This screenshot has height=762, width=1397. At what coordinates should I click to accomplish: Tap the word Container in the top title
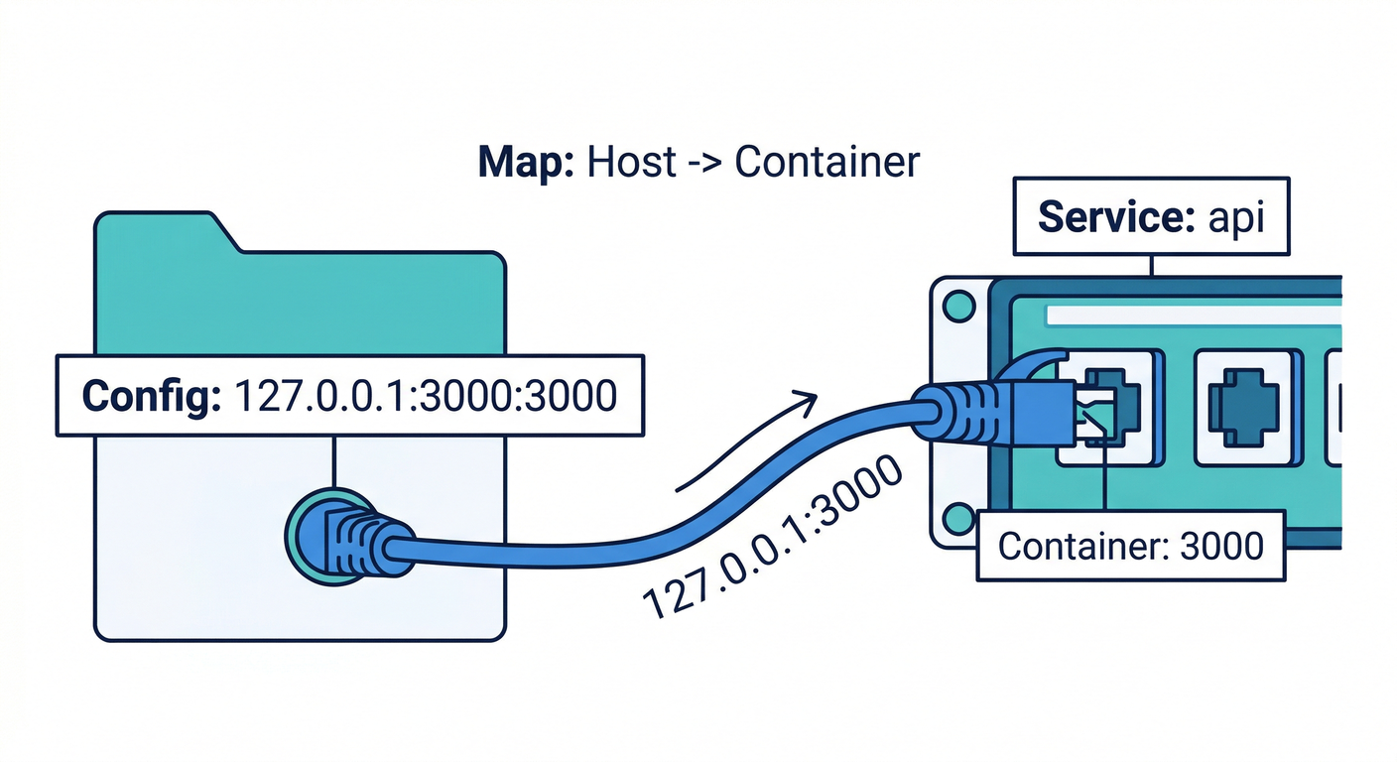[826, 162]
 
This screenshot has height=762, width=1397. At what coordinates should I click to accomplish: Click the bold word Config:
[148, 395]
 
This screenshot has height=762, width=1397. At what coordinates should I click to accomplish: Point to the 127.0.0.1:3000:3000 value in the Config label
[425, 395]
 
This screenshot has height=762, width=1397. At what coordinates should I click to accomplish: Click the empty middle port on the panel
[1243, 407]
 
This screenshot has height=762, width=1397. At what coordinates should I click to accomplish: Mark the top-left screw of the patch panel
[957, 307]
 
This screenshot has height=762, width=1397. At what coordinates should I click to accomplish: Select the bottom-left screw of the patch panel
[957, 518]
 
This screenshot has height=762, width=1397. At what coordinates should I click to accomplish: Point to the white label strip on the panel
[1191, 315]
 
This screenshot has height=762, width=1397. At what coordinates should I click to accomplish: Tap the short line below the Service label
[1151, 265]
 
